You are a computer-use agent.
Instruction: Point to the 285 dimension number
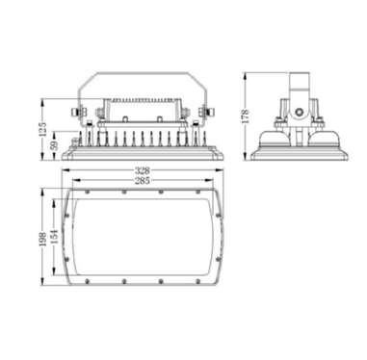click(142, 180)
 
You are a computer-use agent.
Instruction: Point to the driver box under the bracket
click(142, 101)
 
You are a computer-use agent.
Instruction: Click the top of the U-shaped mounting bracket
click(142, 70)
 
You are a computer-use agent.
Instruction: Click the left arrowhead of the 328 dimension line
click(65, 174)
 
